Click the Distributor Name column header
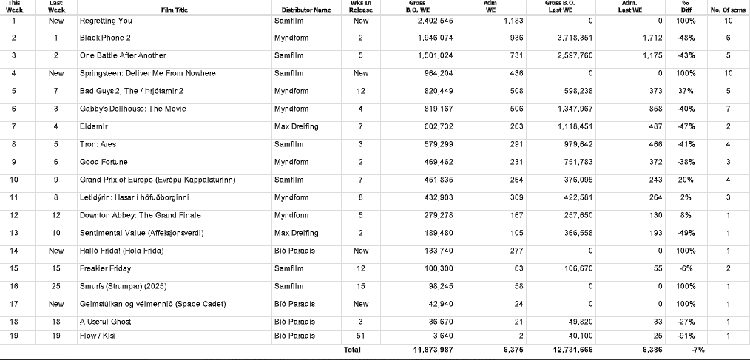click(306, 10)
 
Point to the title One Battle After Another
click(123, 55)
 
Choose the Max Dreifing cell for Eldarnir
click(296, 126)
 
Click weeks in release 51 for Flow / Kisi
click(361, 336)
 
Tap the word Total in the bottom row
click(352, 350)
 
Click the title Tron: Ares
click(98, 144)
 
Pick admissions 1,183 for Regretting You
click(513, 21)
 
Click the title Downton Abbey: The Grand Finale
click(140, 215)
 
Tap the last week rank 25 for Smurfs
click(56, 286)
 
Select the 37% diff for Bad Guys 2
click(685, 91)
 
